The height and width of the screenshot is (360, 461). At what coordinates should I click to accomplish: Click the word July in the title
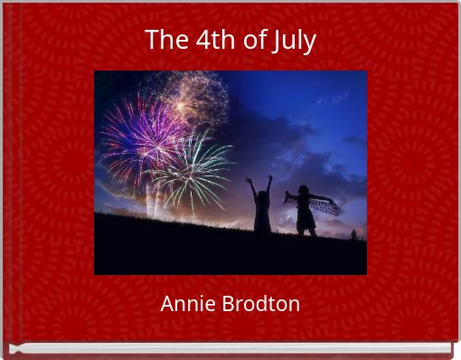[x=293, y=41]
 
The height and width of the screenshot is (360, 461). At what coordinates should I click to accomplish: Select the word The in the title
[x=164, y=41]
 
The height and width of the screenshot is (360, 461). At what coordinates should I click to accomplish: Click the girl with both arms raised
[x=261, y=208]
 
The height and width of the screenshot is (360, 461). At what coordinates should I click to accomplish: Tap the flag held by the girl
[x=327, y=206]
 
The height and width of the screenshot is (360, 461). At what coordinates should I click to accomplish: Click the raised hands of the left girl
[x=259, y=181]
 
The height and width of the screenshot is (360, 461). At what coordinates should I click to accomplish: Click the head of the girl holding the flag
[x=302, y=192]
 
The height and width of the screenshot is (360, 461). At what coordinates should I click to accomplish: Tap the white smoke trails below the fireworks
[x=153, y=199]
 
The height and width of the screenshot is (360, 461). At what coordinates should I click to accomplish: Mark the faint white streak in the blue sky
[x=333, y=96]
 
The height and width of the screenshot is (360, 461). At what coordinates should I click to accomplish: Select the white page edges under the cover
[x=230, y=348]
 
